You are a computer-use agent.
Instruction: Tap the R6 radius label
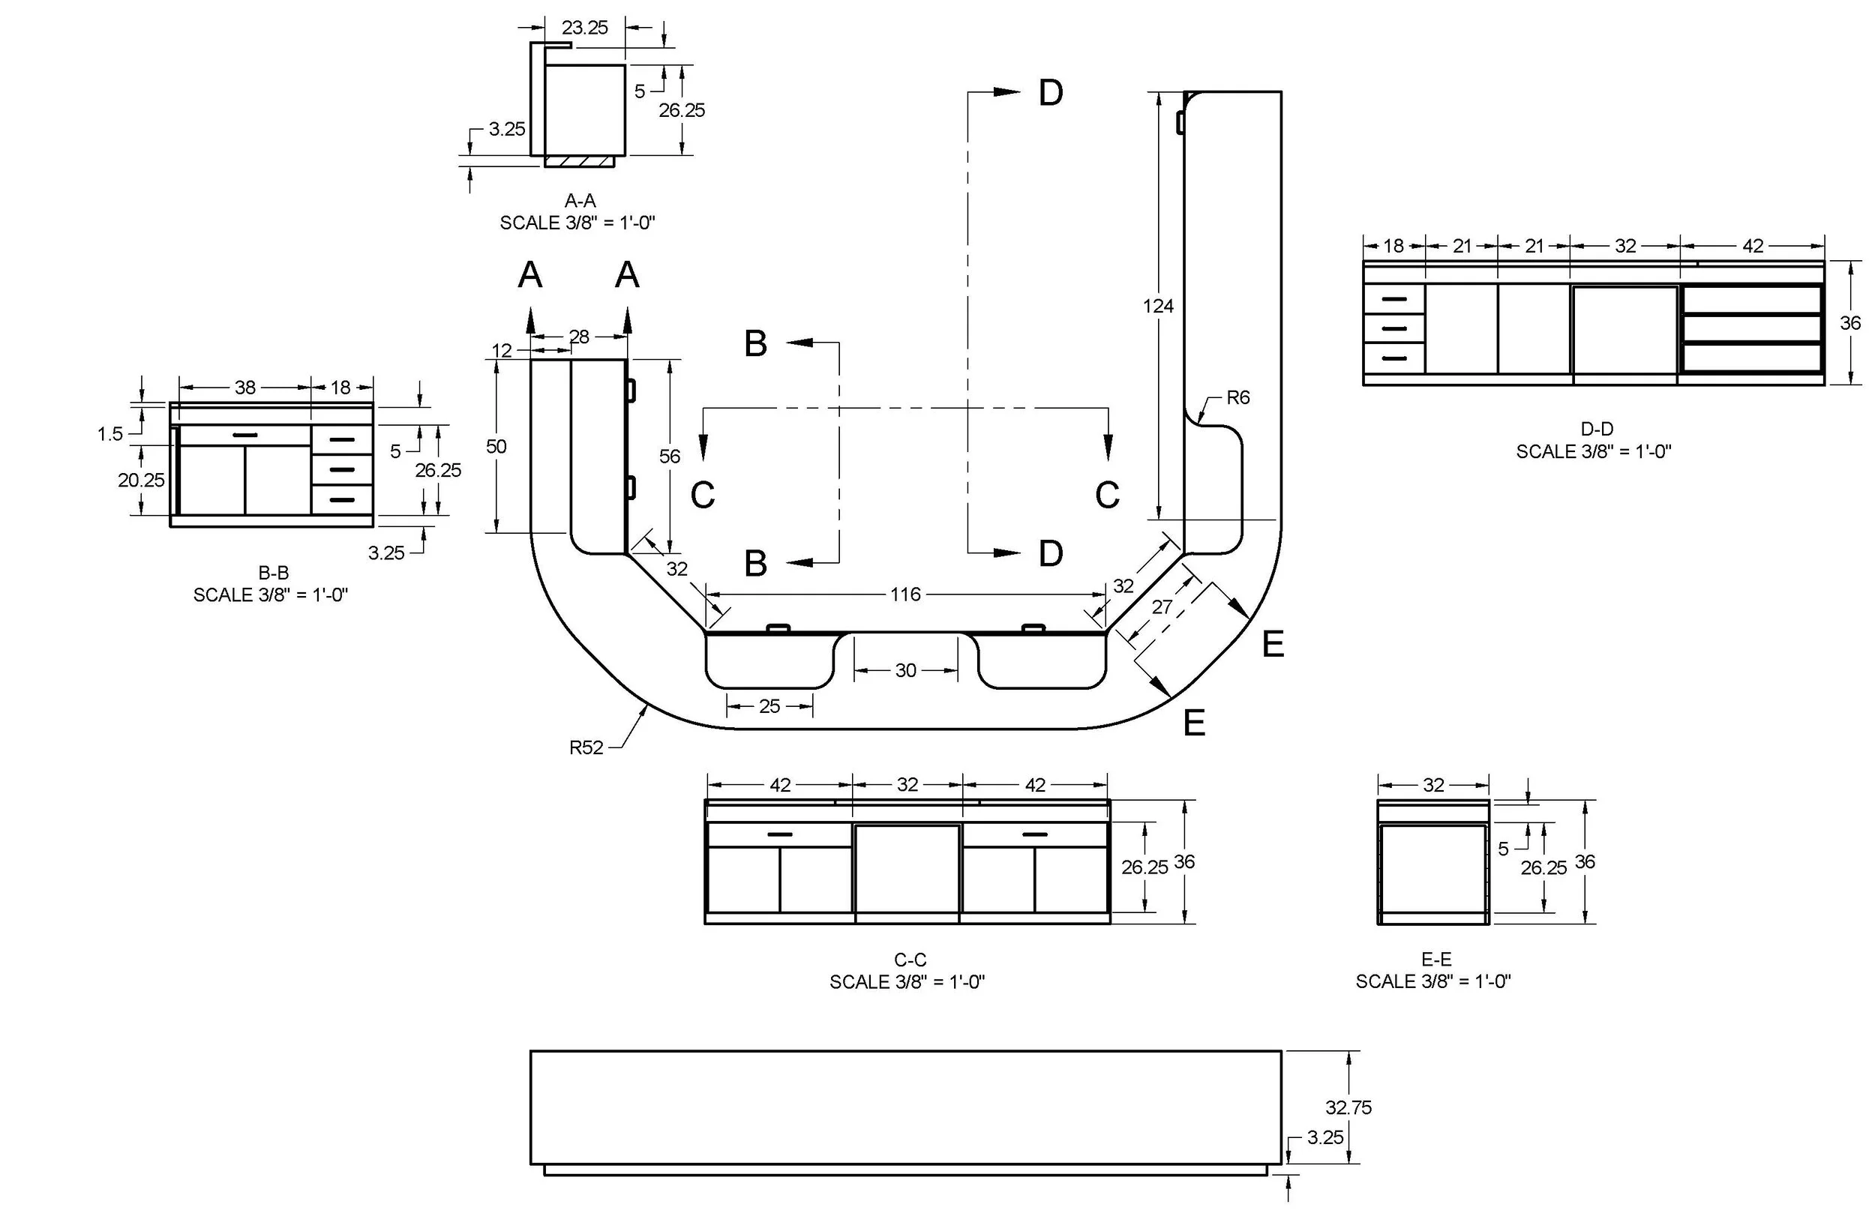click(x=1237, y=398)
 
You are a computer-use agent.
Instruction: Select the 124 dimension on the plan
click(x=1157, y=306)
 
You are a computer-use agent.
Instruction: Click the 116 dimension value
click(x=905, y=595)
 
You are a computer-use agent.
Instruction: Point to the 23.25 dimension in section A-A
click(x=584, y=28)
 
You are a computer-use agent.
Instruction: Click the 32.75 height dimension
click(x=1348, y=1107)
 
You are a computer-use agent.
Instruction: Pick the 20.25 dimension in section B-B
click(x=141, y=480)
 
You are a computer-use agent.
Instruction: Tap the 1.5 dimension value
click(x=109, y=434)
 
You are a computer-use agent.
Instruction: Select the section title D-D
click(x=1596, y=430)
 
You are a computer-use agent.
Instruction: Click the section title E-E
click(x=1435, y=960)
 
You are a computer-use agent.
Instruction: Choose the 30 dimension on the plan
click(x=905, y=670)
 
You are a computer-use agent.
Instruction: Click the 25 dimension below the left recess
click(x=769, y=706)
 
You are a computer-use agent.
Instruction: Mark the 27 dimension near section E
click(x=1161, y=607)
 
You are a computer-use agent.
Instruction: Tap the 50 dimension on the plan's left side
click(x=496, y=447)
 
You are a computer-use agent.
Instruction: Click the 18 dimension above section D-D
click(x=1393, y=246)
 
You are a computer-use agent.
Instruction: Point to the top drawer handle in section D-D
click(x=1393, y=299)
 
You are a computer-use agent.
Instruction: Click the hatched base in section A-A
click(x=579, y=161)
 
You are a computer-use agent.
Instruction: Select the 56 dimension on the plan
click(x=669, y=456)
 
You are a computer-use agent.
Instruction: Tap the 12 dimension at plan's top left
click(x=501, y=351)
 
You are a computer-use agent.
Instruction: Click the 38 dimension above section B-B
click(x=245, y=388)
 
